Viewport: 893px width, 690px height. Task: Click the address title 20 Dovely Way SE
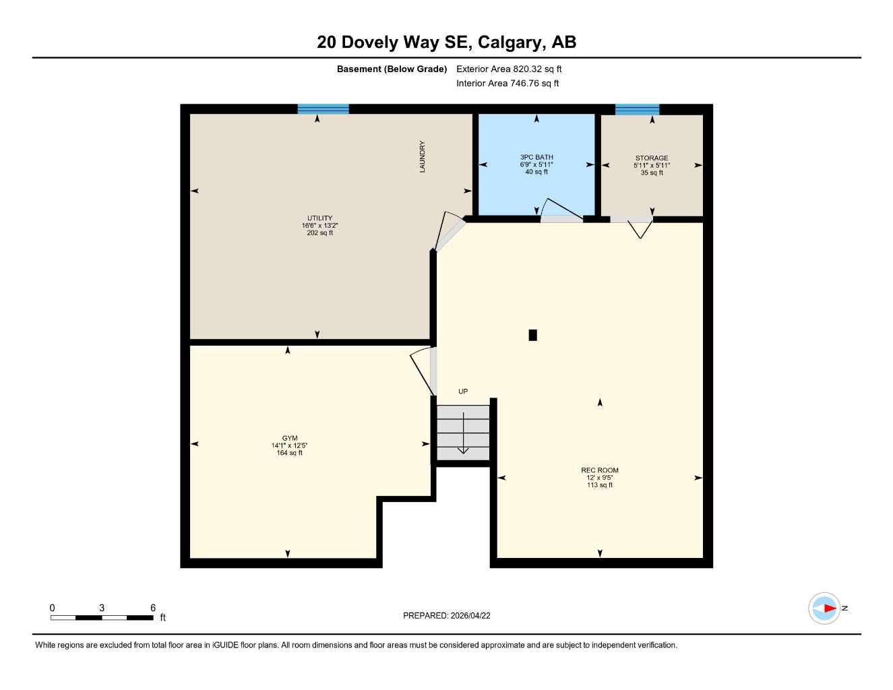click(x=446, y=42)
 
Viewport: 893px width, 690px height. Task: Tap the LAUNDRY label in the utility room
click(x=423, y=156)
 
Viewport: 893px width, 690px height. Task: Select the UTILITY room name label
click(x=319, y=218)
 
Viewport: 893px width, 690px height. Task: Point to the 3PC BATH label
click(x=536, y=157)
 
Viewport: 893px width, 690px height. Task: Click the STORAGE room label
click(x=651, y=158)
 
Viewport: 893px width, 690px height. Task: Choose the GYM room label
click(x=290, y=438)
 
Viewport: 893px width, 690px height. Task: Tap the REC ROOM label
click(x=599, y=470)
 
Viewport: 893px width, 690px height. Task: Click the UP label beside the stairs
click(x=463, y=391)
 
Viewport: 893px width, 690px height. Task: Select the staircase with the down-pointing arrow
click(x=463, y=433)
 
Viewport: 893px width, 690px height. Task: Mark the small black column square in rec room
click(x=532, y=335)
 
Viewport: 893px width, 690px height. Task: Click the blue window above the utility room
click(x=324, y=109)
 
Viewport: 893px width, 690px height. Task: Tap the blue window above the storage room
click(x=637, y=109)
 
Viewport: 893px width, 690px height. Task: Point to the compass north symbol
click(x=825, y=608)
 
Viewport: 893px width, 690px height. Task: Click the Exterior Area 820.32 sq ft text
click(x=509, y=69)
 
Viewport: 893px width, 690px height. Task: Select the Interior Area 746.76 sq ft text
click(x=507, y=84)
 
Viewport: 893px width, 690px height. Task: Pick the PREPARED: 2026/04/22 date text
click(x=447, y=615)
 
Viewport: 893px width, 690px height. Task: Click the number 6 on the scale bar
click(x=153, y=608)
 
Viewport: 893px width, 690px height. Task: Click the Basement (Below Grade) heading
click(x=392, y=69)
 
